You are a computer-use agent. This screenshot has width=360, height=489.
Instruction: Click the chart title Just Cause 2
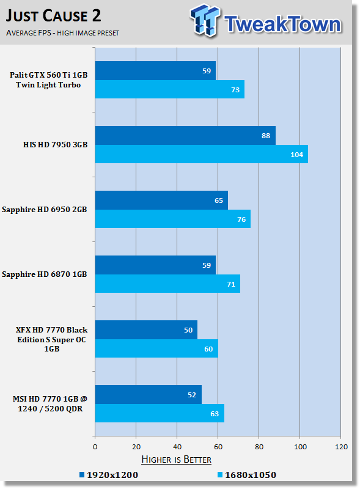53,16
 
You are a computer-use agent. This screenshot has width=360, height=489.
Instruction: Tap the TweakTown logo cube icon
205,20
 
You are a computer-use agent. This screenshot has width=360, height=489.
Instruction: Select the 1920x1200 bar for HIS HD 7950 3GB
185,135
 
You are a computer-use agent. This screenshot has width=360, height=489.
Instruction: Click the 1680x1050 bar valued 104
202,154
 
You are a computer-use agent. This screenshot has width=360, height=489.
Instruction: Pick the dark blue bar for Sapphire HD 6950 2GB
161,200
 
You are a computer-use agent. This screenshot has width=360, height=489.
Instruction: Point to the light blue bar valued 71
168,284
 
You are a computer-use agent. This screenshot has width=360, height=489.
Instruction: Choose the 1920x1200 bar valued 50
146,329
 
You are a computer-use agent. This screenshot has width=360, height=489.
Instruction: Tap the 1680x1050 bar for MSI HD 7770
160,413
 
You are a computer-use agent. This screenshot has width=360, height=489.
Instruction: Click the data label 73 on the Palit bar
235,90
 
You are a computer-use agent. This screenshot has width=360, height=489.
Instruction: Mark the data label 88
266,136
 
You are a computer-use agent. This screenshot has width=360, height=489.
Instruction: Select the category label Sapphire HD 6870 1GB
44,274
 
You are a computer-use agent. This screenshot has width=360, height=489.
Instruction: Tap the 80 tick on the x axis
259,447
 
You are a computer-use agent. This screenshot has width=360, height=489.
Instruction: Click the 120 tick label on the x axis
341,447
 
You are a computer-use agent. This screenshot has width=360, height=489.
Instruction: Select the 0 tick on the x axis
95,447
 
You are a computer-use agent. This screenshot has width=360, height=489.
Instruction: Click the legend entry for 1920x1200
109,475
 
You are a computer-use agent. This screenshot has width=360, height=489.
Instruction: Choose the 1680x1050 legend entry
247,475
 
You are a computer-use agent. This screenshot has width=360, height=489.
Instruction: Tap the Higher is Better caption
176,460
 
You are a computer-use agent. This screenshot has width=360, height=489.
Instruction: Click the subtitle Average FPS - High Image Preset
62,33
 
